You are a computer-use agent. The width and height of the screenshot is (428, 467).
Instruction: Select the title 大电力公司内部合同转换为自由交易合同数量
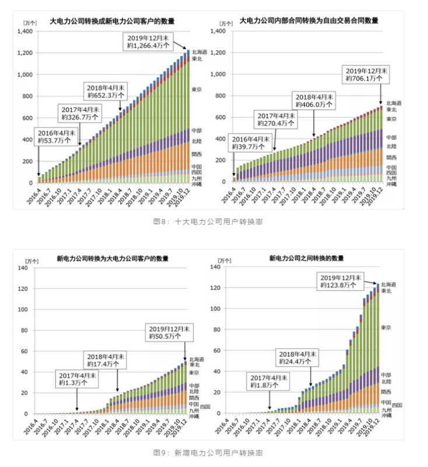[x=309, y=20]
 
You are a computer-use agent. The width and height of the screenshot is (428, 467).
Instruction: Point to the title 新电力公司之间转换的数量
[x=306, y=258]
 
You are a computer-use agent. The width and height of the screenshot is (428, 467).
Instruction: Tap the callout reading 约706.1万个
[x=367, y=78]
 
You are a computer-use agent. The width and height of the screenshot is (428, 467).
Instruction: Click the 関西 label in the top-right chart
[x=391, y=158]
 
